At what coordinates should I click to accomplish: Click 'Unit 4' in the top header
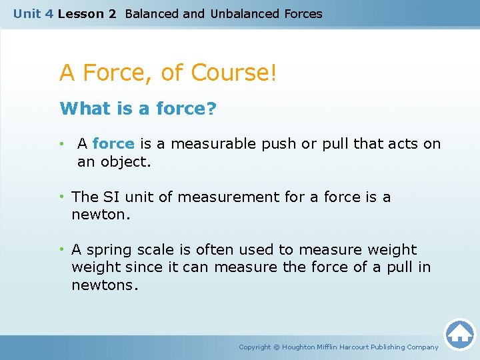pyautogui.click(x=33, y=14)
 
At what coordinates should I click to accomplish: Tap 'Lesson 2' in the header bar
pyautogui.click(x=87, y=14)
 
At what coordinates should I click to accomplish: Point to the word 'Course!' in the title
pyautogui.click(x=233, y=72)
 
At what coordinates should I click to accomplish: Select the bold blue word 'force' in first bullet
pyautogui.click(x=113, y=144)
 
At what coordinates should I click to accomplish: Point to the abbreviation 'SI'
pyautogui.click(x=111, y=197)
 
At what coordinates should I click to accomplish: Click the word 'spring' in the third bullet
pyautogui.click(x=109, y=250)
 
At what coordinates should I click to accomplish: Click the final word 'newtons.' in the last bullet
pyautogui.click(x=105, y=285)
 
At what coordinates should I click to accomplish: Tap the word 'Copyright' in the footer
pyautogui.click(x=255, y=347)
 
